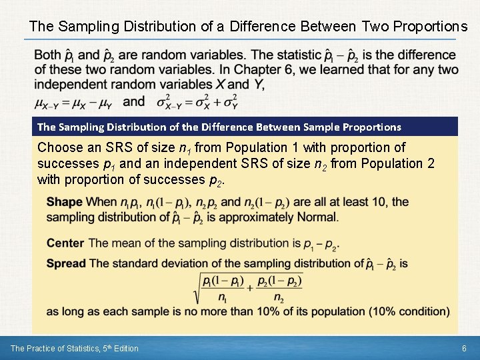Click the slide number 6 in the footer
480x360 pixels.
[463, 348]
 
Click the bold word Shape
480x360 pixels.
[65, 202]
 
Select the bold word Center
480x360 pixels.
[65, 243]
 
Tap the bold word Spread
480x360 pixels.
[66, 263]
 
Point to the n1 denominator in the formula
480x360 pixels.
[222, 298]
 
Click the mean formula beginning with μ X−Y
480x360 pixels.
[73, 102]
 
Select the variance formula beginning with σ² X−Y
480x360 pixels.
[197, 101]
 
